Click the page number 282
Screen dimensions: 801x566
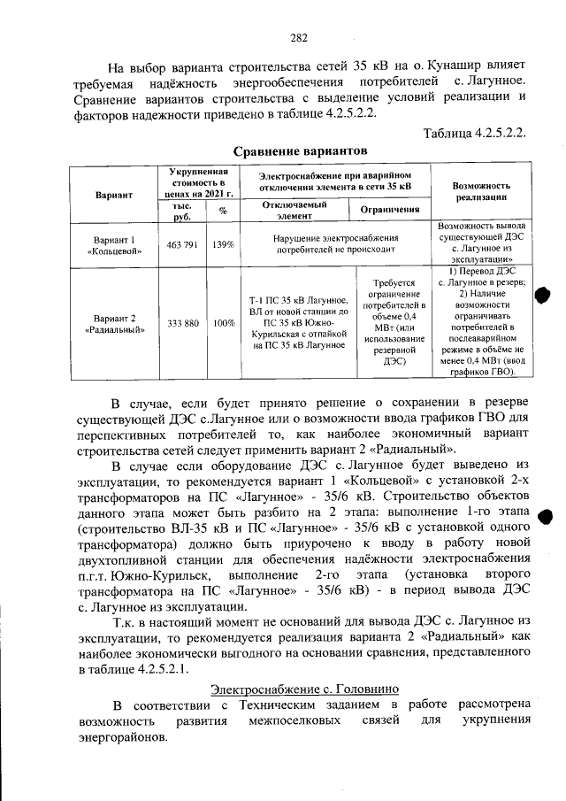(x=298, y=37)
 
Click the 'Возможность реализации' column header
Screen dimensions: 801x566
(x=481, y=193)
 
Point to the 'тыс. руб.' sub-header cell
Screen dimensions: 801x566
(x=182, y=210)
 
